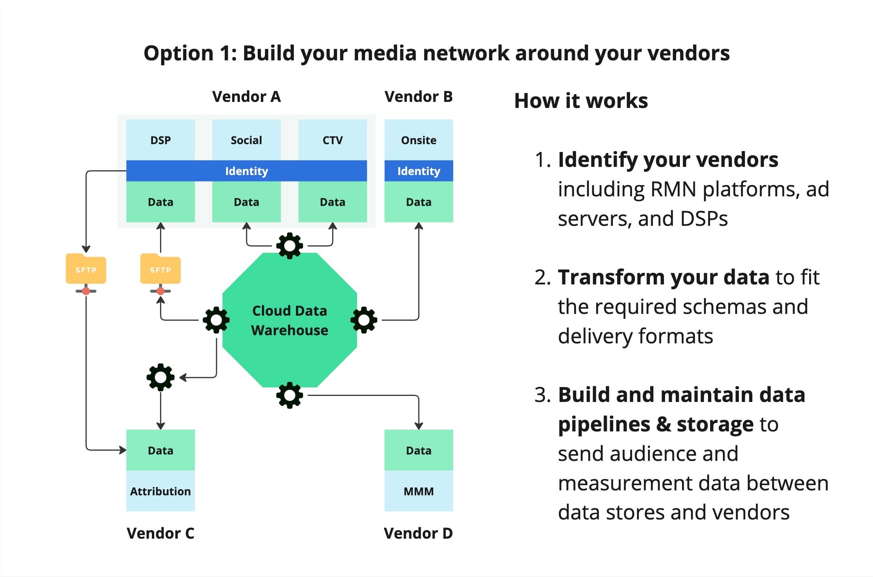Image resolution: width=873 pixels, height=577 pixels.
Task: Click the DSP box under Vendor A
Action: [x=160, y=140]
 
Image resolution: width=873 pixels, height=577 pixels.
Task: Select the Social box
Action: [x=246, y=140]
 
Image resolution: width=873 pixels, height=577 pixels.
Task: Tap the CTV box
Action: [x=333, y=140]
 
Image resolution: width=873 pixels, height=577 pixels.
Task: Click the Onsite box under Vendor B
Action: [x=418, y=140]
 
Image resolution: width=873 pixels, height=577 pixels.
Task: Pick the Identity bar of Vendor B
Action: [x=418, y=171]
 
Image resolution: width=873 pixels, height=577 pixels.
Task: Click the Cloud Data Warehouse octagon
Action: [x=290, y=320]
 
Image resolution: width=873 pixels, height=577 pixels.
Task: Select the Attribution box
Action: [x=160, y=491]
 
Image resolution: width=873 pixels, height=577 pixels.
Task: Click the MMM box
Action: [x=418, y=491]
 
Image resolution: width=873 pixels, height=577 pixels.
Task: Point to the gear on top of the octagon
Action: [x=290, y=245]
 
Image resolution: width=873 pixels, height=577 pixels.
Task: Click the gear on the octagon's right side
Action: [x=364, y=320]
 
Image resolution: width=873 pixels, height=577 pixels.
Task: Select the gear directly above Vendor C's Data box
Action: [x=160, y=377]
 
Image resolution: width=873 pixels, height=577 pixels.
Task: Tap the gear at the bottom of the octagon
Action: [x=290, y=395]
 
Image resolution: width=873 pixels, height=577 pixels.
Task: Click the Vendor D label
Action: [x=418, y=533]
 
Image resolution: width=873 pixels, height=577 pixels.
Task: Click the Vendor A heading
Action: [x=246, y=97]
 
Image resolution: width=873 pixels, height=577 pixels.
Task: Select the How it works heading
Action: [x=581, y=101]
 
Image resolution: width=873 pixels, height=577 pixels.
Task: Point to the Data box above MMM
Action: [x=418, y=450]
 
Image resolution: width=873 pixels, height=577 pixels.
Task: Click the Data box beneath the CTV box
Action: [x=333, y=202]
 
